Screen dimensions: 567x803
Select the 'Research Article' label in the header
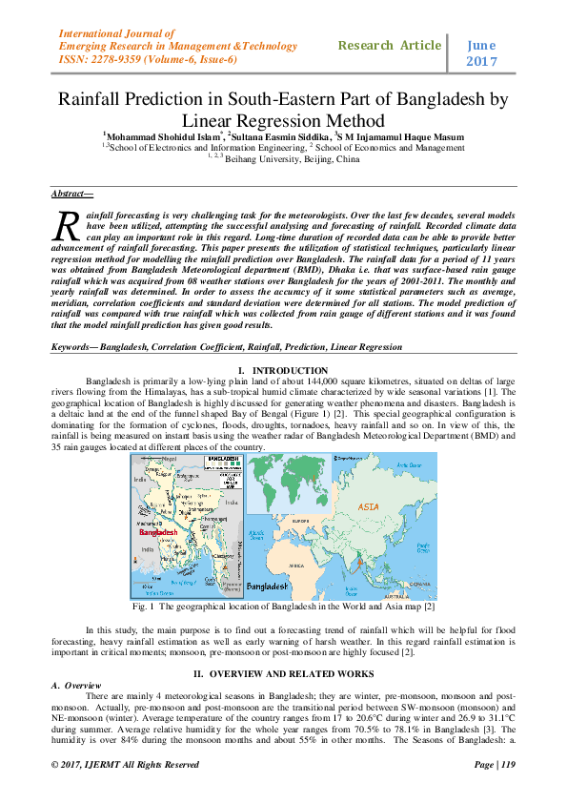pos(390,45)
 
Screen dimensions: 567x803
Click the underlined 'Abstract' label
pos(71,194)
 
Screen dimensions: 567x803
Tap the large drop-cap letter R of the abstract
pos(67,226)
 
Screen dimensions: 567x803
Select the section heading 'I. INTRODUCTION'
pos(283,370)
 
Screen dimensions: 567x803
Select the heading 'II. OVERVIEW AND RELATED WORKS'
pos(283,673)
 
